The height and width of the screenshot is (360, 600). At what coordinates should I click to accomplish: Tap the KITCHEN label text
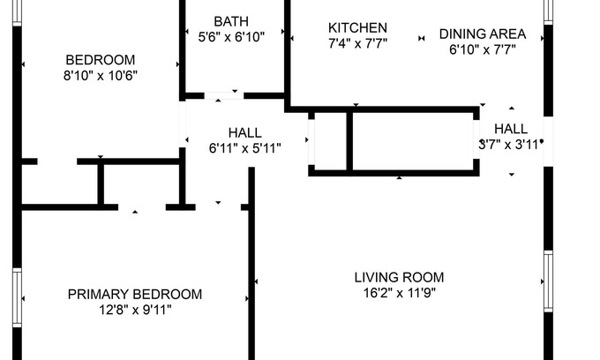pyautogui.click(x=357, y=27)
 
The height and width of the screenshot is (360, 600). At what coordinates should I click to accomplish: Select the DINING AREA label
pyautogui.click(x=483, y=34)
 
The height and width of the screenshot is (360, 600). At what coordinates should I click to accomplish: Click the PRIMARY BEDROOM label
pyautogui.click(x=135, y=294)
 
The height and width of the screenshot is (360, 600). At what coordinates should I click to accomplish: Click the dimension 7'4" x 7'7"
pyautogui.click(x=357, y=42)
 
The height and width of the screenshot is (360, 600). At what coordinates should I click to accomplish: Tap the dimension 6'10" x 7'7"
pyautogui.click(x=483, y=49)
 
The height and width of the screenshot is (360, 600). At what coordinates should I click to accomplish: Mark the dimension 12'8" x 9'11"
pyautogui.click(x=135, y=309)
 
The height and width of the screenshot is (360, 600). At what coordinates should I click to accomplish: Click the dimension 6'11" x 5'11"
pyautogui.click(x=244, y=148)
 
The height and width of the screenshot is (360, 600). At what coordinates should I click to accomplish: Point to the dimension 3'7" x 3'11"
pyautogui.click(x=510, y=144)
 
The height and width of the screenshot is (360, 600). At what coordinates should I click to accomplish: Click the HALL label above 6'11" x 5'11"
pyautogui.click(x=244, y=133)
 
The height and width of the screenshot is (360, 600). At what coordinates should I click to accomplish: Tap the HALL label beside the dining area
pyautogui.click(x=511, y=129)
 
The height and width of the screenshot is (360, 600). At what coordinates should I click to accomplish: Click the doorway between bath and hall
pyautogui.click(x=224, y=94)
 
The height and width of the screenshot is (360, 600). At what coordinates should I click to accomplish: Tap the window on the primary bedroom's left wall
pyautogui.click(x=16, y=297)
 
